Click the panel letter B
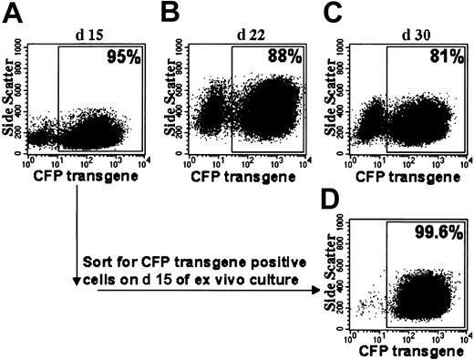click(x=170, y=12)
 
